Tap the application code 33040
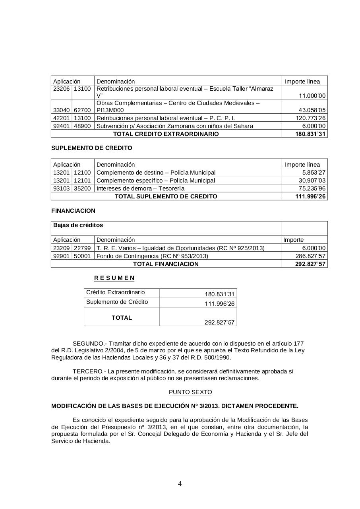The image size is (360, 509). point(61,110)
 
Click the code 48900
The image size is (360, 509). point(82,126)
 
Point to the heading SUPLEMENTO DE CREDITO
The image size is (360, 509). point(92,148)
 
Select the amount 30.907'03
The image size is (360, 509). point(312,181)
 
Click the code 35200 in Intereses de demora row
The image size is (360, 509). point(82,188)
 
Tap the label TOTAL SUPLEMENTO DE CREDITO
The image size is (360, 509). point(166,196)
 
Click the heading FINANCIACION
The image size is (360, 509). point(73,211)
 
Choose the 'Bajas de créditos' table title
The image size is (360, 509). point(78,225)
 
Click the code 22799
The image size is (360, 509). point(82,248)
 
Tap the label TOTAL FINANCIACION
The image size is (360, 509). point(166,264)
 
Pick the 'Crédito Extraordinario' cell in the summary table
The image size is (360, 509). point(116,292)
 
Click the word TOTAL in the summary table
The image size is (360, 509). point(122,318)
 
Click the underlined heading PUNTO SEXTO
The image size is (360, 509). point(190,392)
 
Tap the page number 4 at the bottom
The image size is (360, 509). point(180,484)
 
